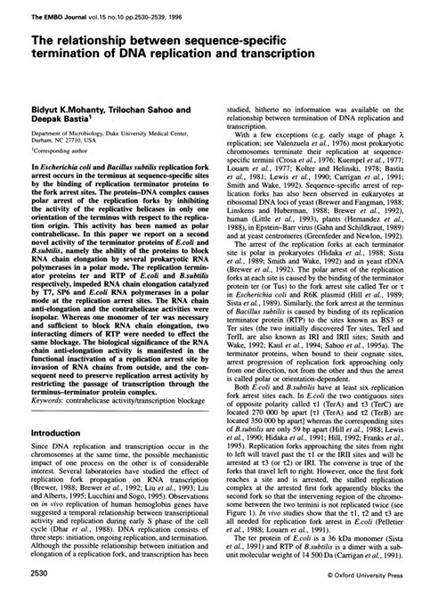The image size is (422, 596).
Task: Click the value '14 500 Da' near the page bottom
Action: [288, 558]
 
